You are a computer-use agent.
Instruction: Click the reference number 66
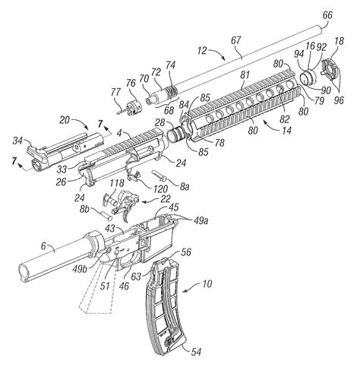pyautogui.click(x=327, y=15)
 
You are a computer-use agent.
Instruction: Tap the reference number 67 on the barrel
pyautogui.click(x=235, y=40)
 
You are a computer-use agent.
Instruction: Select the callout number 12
pyautogui.click(x=202, y=51)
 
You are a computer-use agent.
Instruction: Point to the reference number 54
pyautogui.click(x=196, y=352)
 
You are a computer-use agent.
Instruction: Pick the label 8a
pyautogui.click(x=185, y=188)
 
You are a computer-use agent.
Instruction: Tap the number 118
pyautogui.click(x=117, y=183)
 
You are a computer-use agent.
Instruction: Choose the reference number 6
pyautogui.click(x=43, y=245)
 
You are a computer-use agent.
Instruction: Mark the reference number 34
pyautogui.click(x=18, y=141)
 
